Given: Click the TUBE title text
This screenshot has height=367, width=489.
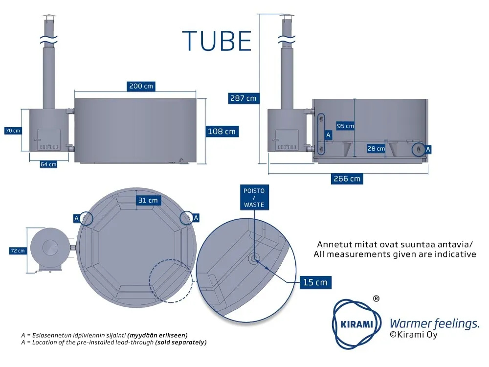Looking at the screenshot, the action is click(217, 41).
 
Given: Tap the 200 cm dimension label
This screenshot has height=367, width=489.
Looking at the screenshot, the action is click(141, 86).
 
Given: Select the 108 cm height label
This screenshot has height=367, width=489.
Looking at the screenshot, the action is click(222, 131).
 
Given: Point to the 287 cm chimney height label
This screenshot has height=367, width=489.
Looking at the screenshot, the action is click(243, 98).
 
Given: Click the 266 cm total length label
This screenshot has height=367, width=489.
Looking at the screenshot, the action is click(347, 179).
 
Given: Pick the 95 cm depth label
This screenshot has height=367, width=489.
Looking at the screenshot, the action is click(345, 126).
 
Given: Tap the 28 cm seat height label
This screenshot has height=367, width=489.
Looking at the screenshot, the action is click(376, 149).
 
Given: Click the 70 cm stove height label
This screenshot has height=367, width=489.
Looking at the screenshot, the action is click(13, 131).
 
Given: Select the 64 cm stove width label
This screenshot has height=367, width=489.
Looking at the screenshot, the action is click(48, 164).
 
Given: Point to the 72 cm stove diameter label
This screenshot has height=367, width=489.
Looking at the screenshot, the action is click(18, 251).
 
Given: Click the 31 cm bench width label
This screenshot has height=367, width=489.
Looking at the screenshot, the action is click(148, 200).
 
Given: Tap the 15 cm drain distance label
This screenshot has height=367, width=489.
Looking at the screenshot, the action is click(315, 282).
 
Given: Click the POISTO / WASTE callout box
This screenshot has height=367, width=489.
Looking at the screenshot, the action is click(254, 198).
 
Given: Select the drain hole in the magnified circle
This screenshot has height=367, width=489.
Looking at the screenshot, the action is click(254, 258).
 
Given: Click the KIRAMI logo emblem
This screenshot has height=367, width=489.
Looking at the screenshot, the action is click(357, 324).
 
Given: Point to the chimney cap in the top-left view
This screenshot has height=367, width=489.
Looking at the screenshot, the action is click(49, 17).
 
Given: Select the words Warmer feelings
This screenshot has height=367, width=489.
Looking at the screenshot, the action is click(434, 324).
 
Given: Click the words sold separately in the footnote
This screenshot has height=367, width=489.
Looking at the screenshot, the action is click(181, 343).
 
